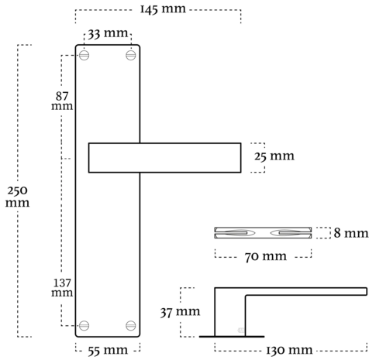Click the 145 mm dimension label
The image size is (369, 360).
163,9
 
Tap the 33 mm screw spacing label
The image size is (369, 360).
108,33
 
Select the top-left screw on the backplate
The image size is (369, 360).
84,55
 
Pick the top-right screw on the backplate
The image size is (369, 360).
131,55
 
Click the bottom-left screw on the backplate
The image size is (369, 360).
84,325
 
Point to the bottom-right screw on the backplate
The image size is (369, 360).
131,325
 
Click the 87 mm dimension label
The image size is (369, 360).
62,101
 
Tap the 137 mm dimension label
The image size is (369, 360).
62,287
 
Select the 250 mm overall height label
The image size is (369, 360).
17,196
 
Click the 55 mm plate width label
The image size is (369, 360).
108,351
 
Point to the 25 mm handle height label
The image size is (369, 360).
274,156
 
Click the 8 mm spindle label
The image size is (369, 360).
351,233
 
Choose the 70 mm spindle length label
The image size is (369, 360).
266,256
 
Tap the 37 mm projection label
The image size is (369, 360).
180,312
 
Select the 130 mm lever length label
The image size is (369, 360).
289,350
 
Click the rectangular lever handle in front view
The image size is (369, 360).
165,158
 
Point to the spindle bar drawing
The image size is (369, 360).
263,233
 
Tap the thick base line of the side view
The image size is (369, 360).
232,337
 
